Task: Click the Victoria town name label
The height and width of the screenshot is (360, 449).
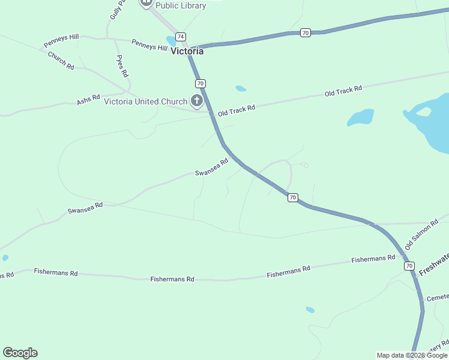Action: [187, 51]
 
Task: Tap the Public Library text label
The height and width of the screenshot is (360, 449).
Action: [181, 5]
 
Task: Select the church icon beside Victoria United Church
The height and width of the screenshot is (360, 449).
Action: [196, 100]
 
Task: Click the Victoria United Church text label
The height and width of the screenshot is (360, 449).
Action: [146, 101]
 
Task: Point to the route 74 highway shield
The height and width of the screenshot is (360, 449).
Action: [180, 37]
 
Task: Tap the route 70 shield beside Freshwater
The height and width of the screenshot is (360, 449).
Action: [409, 266]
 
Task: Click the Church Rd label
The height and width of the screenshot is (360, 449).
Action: [61, 61]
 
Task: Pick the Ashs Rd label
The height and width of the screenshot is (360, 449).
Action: [88, 100]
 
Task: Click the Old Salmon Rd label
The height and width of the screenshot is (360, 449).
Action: [418, 235]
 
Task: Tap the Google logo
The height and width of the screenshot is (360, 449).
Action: [20, 353]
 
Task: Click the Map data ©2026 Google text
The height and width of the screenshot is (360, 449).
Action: [412, 355]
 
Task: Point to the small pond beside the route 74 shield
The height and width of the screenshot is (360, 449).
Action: [172, 41]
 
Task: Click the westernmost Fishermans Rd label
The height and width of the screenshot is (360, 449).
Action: [56, 272]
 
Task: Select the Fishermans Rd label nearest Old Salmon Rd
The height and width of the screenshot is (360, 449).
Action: [373, 259]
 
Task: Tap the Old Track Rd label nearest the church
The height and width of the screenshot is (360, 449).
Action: [237, 110]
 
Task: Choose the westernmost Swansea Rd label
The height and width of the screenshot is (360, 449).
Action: [85, 208]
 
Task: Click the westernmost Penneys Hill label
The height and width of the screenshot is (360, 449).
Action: [61, 41]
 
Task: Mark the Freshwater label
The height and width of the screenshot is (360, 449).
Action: [433, 265]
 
